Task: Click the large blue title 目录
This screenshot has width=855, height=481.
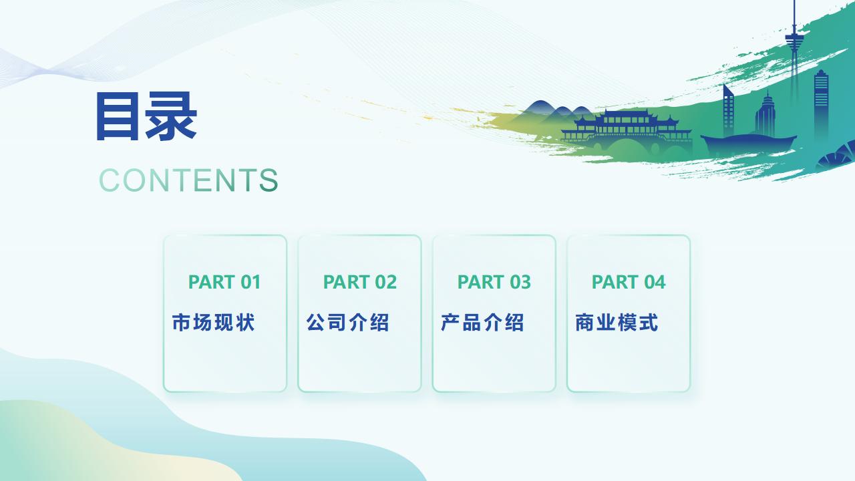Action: (x=146, y=116)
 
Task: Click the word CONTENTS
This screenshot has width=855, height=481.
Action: (x=188, y=180)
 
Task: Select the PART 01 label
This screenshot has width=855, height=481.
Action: (x=224, y=282)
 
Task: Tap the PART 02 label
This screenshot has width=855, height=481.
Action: (x=360, y=282)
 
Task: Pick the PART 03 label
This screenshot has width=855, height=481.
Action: (x=494, y=282)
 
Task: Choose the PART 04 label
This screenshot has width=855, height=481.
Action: (x=629, y=282)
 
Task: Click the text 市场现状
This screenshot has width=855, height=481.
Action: (x=213, y=322)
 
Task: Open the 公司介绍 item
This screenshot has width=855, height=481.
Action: (x=348, y=322)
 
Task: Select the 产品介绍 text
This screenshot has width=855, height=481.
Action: (x=482, y=322)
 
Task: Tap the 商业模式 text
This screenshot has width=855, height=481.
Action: (x=617, y=322)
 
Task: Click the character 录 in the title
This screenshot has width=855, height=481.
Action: (x=170, y=116)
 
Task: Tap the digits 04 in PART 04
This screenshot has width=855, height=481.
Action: (x=655, y=282)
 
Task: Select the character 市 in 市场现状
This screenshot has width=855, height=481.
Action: (x=181, y=322)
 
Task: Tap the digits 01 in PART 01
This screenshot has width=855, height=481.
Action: (x=250, y=282)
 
